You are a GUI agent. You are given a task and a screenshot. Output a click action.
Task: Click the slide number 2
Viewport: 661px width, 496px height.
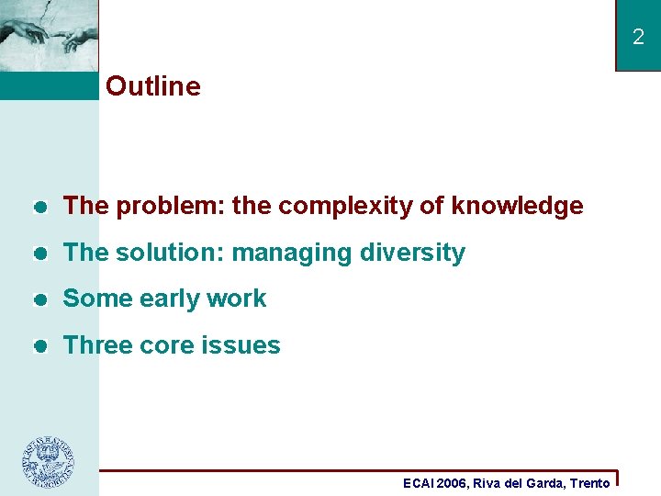coord(638,38)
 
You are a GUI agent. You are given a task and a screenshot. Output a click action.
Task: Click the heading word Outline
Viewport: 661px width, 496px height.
coord(152,86)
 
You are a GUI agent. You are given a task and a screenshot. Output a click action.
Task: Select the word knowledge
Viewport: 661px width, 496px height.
coord(517,207)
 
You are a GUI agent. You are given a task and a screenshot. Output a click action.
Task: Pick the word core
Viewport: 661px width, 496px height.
coord(169,345)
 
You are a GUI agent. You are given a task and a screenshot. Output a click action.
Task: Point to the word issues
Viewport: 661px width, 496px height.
coord(244,345)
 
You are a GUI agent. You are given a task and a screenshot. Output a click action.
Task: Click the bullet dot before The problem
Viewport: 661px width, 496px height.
coord(39,208)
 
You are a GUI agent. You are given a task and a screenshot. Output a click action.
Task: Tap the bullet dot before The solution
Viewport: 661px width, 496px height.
coord(39,254)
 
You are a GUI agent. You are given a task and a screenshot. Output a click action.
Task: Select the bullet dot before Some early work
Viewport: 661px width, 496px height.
coord(39,299)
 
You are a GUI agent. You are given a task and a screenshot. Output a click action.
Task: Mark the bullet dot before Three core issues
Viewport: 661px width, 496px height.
coord(39,346)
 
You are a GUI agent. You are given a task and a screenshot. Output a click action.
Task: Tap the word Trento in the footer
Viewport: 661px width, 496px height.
coord(589,483)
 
